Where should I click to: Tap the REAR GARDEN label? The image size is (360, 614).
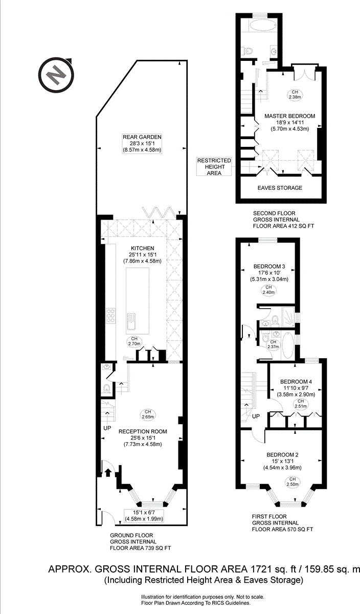142,137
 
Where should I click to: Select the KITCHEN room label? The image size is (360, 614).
142,248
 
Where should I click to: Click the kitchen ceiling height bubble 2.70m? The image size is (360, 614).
134,341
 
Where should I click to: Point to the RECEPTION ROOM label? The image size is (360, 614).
143,431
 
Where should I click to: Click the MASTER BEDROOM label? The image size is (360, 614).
289,116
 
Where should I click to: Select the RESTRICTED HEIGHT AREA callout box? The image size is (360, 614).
214,167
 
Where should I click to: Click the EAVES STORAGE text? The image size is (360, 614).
279,188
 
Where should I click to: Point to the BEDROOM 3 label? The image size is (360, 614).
269,266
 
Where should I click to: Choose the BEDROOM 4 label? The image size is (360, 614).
296,382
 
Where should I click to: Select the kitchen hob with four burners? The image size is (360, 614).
111,316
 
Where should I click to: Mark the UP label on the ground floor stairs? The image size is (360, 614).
107,427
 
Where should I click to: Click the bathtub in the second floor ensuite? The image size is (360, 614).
260,26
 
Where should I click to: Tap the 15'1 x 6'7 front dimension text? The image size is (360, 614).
143,512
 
